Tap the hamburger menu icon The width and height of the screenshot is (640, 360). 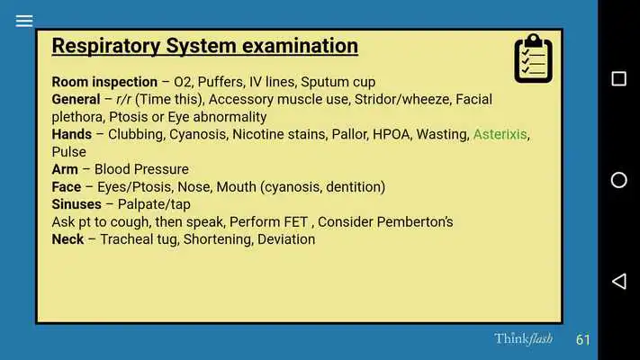pos(24,21)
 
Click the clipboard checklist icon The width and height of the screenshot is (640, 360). pos(533,58)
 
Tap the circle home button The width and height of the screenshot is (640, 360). pos(618,180)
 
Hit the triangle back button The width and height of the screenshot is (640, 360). pos(618,281)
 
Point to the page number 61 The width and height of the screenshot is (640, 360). pos(583,339)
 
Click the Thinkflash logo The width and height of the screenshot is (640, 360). pos(523,338)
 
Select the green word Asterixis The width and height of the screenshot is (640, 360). pos(500,134)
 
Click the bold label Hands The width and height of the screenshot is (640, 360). pos(71,134)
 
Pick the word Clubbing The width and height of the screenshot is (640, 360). pos(136,135)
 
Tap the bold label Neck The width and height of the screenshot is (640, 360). pos(68,239)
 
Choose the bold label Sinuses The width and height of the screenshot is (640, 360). pos(77,204)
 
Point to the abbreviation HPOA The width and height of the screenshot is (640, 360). pos(392,134)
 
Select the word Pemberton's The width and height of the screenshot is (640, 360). pos(415,221)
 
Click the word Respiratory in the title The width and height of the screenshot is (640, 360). pos(105,46)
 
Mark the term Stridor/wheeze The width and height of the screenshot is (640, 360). pos(402,99)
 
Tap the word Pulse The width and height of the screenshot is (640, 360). pos(69,152)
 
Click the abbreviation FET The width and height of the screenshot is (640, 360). pos(296,221)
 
